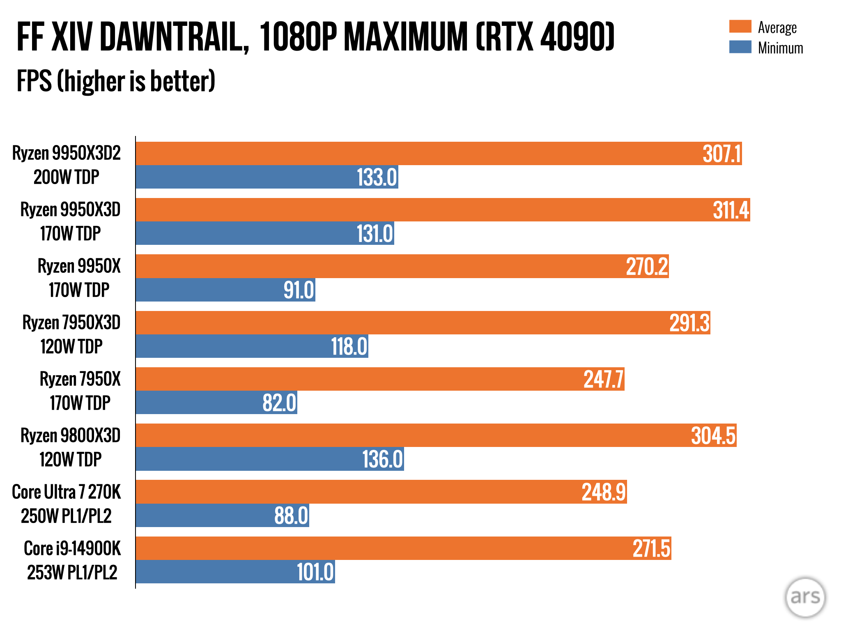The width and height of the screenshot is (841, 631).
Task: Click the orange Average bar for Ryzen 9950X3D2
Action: click(x=411, y=154)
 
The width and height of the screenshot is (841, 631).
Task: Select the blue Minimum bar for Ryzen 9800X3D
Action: click(x=246, y=459)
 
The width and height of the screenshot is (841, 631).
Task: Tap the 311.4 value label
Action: click(x=731, y=210)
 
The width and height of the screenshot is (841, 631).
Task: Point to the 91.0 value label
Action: click(x=299, y=290)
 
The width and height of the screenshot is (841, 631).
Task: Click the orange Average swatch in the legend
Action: click(x=740, y=27)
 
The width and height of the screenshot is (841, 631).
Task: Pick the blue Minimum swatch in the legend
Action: click(x=740, y=47)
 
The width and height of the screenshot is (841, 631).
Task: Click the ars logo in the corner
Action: click(x=805, y=597)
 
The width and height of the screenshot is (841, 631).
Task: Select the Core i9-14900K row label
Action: click(x=72, y=548)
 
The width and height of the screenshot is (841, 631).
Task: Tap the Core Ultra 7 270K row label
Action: click(x=67, y=492)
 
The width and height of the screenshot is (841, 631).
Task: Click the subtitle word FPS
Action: click(x=34, y=81)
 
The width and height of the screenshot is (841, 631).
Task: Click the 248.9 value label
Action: click(x=603, y=492)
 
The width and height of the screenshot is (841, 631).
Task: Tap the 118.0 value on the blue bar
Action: click(x=349, y=346)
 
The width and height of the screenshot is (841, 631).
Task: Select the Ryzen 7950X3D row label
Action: click(x=71, y=323)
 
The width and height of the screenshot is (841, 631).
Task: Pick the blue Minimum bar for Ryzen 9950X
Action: click(x=205, y=290)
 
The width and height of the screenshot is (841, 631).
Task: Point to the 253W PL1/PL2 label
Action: click(x=72, y=572)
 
